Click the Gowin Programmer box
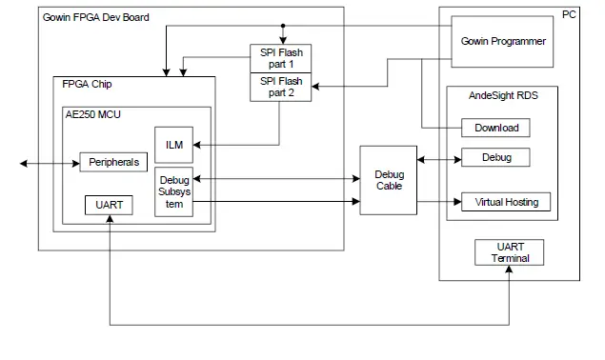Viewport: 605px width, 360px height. (x=502, y=42)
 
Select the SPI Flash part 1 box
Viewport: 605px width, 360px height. (x=281, y=58)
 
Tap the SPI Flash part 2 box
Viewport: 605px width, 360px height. (x=281, y=87)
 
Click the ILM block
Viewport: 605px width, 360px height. (x=173, y=144)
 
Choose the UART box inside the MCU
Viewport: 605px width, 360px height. (x=109, y=206)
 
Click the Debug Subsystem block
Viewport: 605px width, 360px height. (x=173, y=192)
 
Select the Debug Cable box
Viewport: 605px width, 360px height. (x=389, y=180)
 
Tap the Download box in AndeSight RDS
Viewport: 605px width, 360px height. (x=495, y=128)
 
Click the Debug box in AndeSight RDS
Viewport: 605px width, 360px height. (x=495, y=157)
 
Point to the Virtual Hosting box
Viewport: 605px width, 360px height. (x=505, y=202)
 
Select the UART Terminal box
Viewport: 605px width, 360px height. (x=510, y=252)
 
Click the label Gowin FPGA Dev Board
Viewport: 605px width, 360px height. (x=96, y=17)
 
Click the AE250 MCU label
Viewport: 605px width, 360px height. (x=92, y=114)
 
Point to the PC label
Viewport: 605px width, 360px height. (x=569, y=14)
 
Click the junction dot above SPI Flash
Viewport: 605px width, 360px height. (x=282, y=26)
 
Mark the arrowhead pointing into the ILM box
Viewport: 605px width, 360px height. (x=196, y=145)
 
